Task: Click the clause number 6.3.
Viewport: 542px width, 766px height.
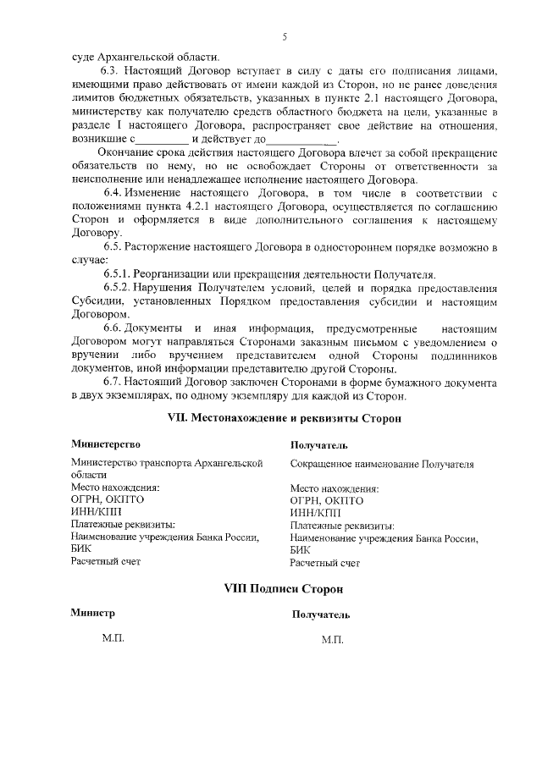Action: pos(111,72)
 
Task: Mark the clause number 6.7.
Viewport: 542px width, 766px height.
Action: pos(111,382)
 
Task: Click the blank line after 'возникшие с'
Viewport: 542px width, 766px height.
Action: pos(163,140)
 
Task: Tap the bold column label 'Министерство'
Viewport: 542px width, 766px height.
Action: pos(105,444)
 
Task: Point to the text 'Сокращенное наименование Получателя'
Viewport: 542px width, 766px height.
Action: pos(381,464)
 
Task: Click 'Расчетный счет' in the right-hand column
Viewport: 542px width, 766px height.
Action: pos(325,561)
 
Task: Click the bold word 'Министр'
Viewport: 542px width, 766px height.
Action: pos(92,613)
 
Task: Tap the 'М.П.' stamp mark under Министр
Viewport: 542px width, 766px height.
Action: pos(113,641)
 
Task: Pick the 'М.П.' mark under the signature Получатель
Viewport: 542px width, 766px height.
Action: pos(333,642)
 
